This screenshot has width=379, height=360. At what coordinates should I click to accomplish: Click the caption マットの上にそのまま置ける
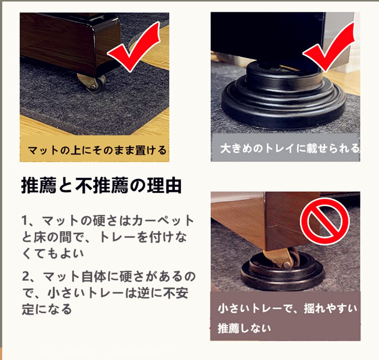(97, 150)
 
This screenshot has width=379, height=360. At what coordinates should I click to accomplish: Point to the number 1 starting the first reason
(24, 220)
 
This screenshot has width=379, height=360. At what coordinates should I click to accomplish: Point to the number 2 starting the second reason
(25, 276)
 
